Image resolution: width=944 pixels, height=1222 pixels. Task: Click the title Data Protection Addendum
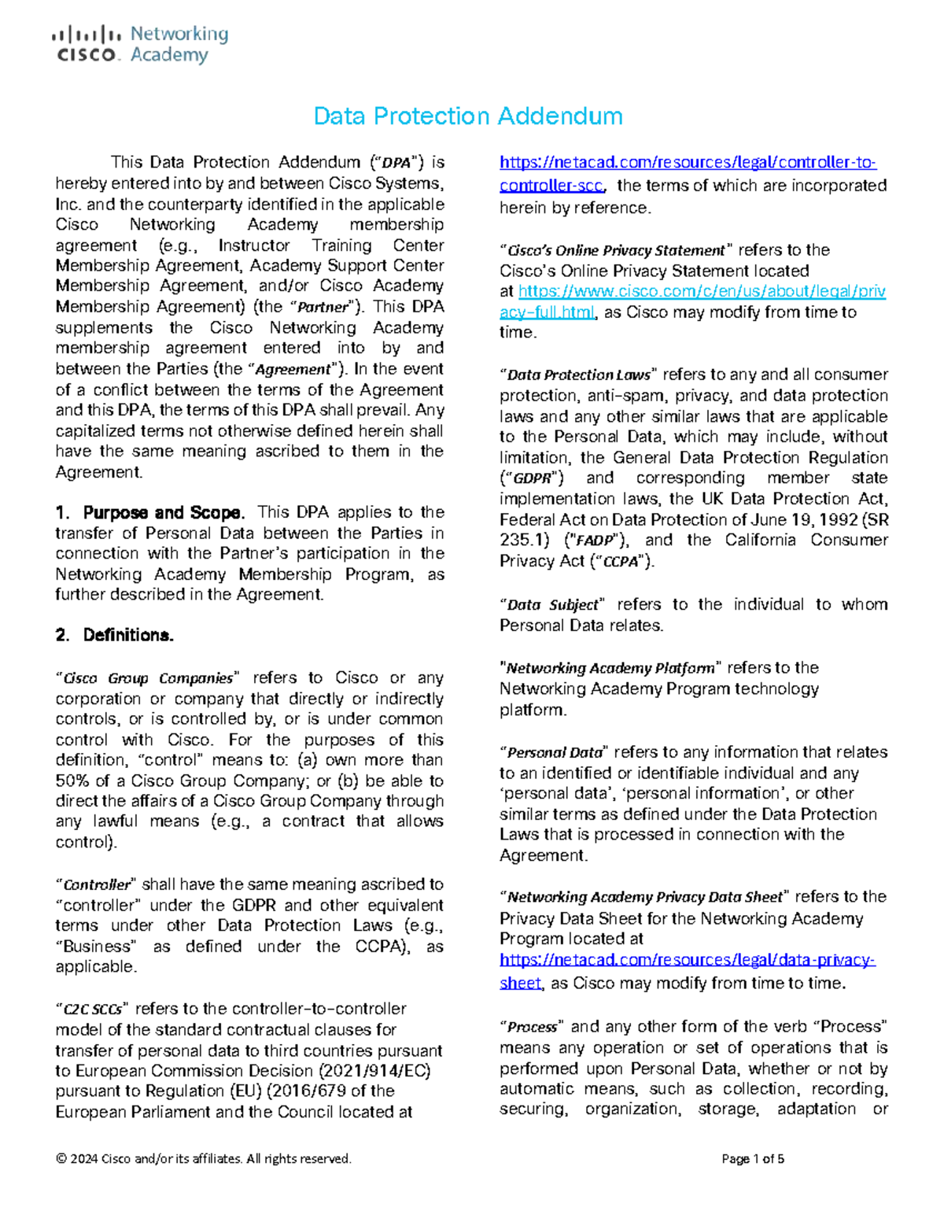tap(467, 116)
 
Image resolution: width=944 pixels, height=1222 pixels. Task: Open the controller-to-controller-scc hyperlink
tap(688, 174)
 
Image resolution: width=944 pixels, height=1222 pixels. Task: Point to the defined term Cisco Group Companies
tap(148, 678)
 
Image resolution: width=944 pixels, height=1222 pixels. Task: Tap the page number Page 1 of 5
tap(752, 1158)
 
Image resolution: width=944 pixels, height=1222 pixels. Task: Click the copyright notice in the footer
tap(204, 1158)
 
